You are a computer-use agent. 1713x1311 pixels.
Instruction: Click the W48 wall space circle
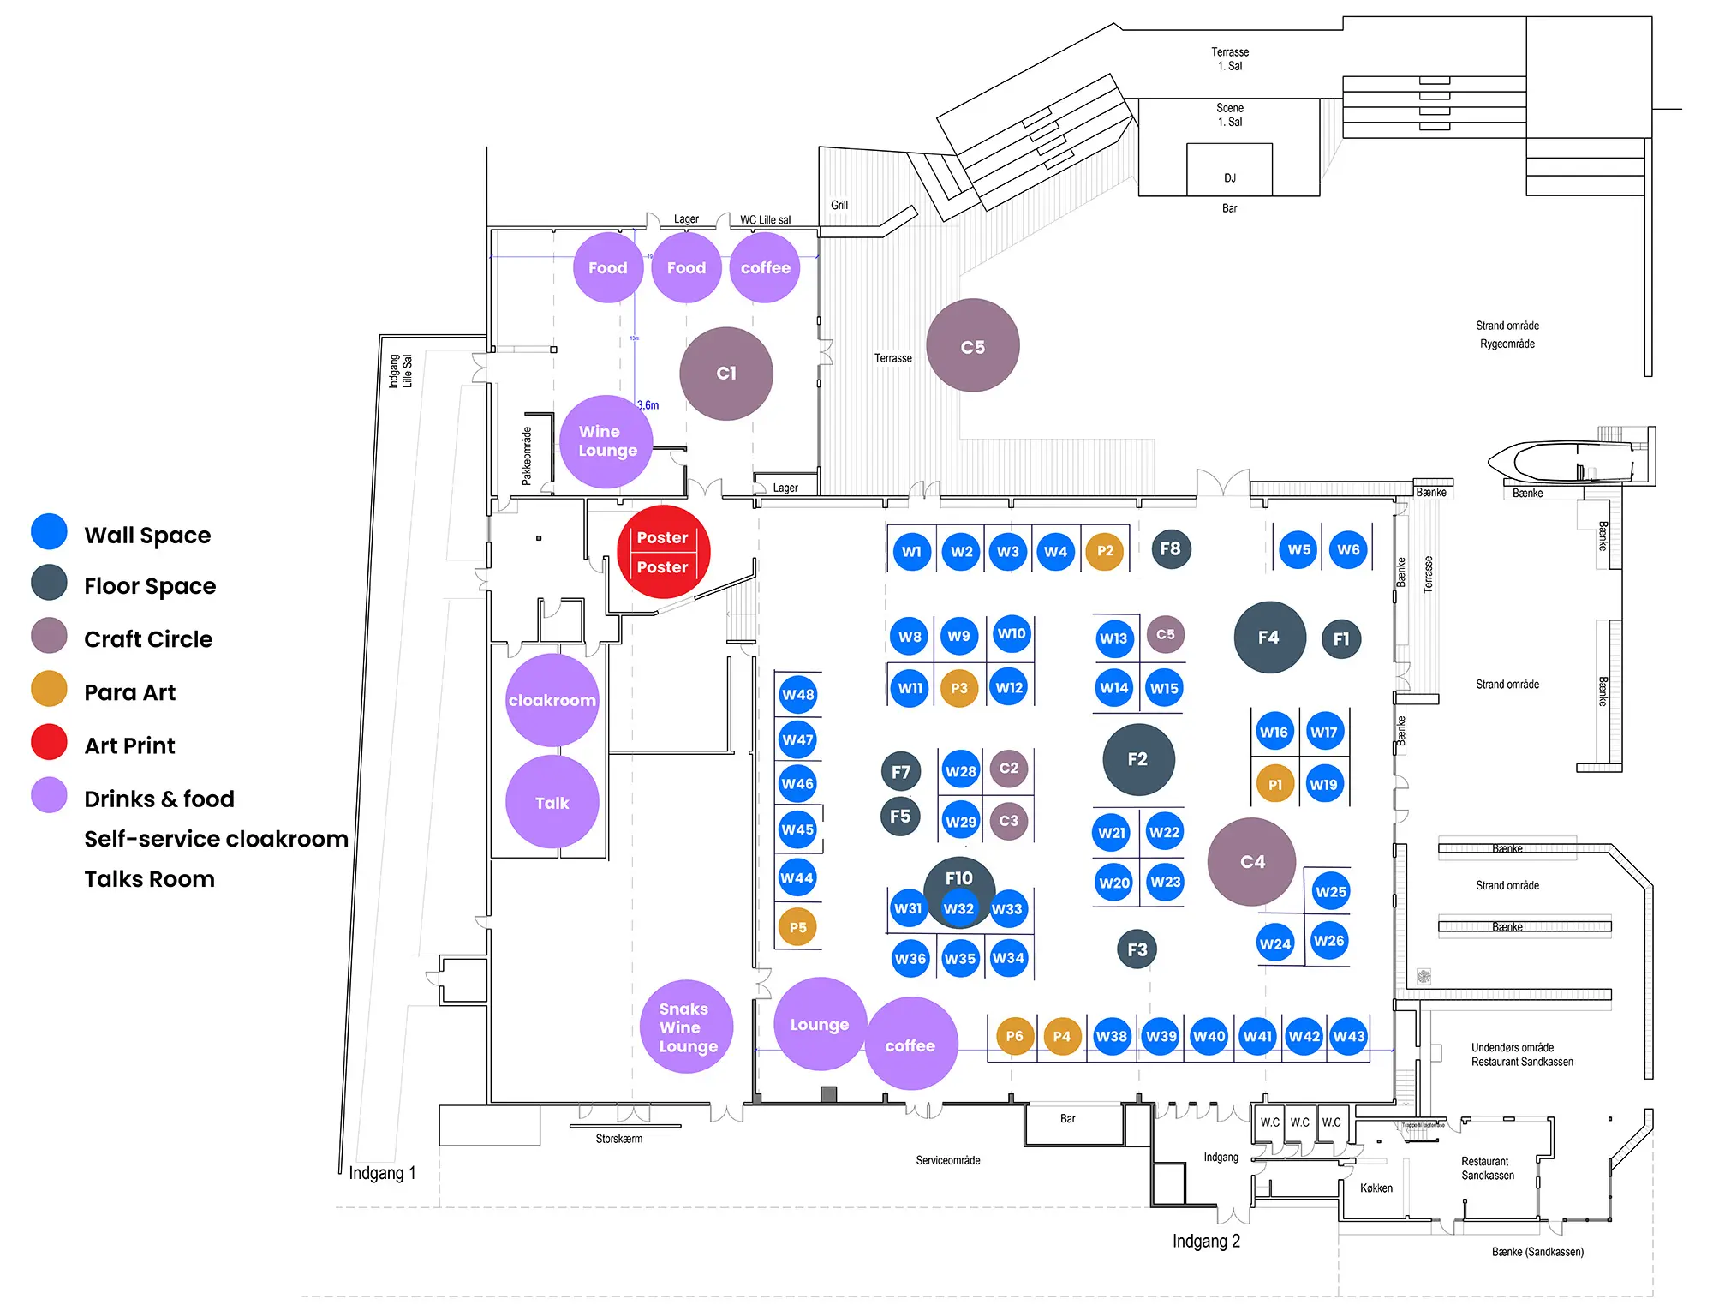coord(797,695)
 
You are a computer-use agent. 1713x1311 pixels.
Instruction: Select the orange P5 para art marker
coord(797,927)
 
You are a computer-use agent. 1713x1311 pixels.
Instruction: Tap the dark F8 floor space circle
coord(1170,549)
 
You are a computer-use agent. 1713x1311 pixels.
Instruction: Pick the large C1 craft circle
coord(726,374)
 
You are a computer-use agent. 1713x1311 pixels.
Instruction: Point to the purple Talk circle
coord(552,803)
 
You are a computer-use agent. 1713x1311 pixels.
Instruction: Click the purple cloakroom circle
coord(552,700)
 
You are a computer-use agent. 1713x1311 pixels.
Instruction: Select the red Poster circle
coord(663,553)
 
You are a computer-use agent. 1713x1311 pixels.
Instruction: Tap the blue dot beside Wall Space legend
coord(49,532)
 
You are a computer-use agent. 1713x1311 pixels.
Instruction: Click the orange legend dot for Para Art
coord(49,690)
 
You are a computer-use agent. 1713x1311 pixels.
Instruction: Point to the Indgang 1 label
coord(382,1173)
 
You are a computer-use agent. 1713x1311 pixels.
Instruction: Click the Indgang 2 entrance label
coord(1206,1242)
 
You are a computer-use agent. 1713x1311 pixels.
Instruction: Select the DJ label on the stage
coord(1230,178)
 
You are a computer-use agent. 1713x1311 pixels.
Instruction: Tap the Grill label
coord(839,206)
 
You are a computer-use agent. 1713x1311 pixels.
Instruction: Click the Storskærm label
coord(619,1139)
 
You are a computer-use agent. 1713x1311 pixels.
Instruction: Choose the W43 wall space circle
coord(1348,1037)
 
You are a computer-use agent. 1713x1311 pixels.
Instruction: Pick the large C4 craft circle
coord(1252,862)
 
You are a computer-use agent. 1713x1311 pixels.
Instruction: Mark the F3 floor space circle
coord(1137,949)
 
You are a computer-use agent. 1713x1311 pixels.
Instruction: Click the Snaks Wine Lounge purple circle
coord(686,1027)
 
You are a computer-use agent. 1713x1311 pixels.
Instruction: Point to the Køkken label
coord(1376,1188)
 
